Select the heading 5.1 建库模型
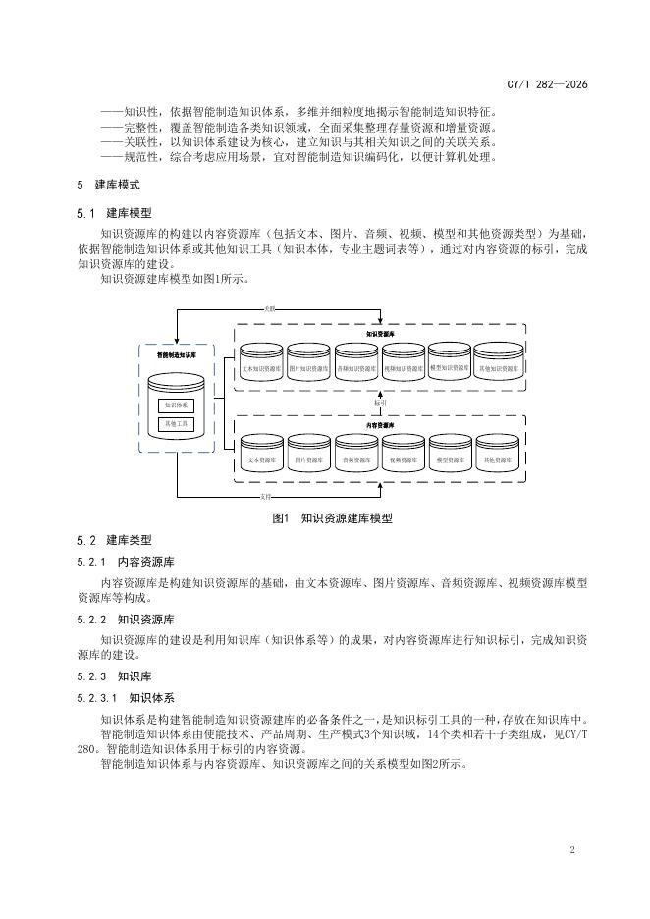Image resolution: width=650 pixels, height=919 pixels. pyautogui.click(x=114, y=213)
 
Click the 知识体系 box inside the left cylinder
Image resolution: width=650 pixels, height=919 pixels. pyautogui.click(x=178, y=405)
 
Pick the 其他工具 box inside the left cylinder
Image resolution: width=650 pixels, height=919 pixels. pyautogui.click(x=178, y=424)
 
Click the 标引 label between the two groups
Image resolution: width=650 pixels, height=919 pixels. pyautogui.click(x=380, y=403)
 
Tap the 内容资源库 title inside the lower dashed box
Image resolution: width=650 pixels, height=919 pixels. pyautogui.click(x=380, y=425)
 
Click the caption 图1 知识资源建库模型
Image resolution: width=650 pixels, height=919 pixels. pyautogui.click(x=324, y=517)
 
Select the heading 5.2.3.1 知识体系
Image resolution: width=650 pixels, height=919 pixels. pyautogui.click(x=127, y=698)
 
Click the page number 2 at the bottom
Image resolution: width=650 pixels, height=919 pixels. pyautogui.click(x=571, y=849)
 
